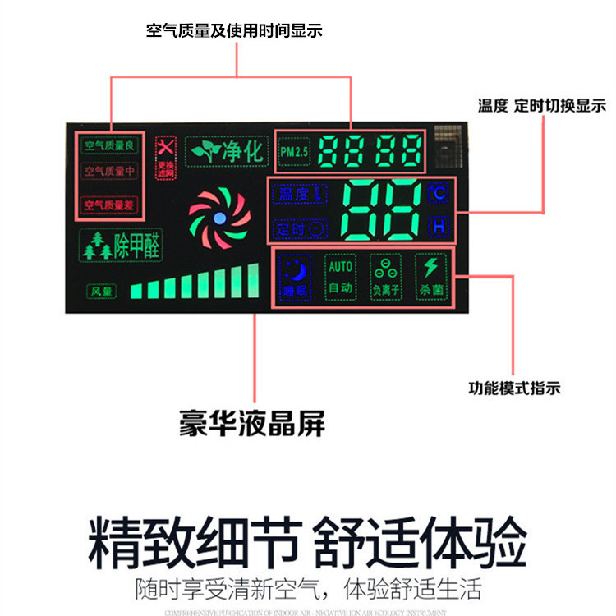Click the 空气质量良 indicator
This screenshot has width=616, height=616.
[x=112, y=146]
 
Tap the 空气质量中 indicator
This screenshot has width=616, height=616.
[x=112, y=172]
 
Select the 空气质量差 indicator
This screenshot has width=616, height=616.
[x=112, y=204]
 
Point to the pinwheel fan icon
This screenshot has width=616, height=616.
[x=219, y=218]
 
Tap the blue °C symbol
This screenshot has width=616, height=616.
[x=439, y=194]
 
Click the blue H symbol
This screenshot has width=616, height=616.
[x=439, y=225]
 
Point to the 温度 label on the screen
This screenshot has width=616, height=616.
[x=297, y=195]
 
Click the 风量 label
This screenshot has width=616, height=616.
[x=102, y=290]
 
